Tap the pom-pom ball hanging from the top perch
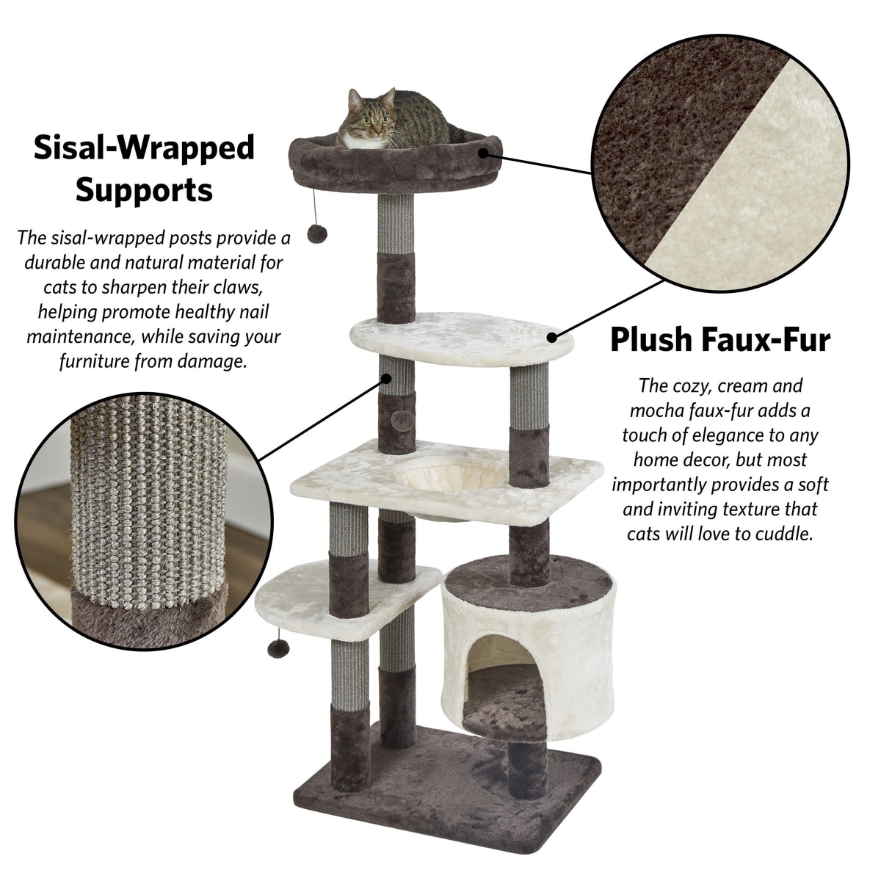tap(317, 233)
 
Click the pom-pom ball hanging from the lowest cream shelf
tap(278, 648)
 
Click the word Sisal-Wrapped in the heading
tap(144, 148)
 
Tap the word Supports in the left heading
tap(144, 190)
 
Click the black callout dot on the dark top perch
tap(483, 153)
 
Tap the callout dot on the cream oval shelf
tap(552, 338)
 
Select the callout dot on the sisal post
tap(387, 379)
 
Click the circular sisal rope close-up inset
tap(144, 522)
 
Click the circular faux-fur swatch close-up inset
tap(720, 164)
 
